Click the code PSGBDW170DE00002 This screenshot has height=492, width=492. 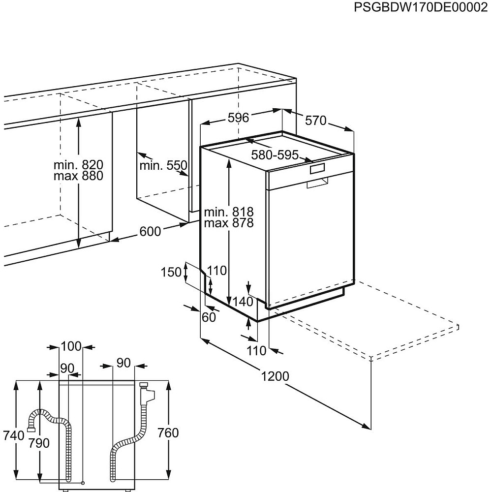coord(421,7)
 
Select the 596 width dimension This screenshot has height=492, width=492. coord(238,118)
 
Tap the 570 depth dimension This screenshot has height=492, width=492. coord(316,121)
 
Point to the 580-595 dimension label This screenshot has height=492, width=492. coord(275,154)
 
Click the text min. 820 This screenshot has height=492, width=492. coord(78,165)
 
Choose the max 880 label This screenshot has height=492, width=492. coord(78,176)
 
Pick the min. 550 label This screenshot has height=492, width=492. coord(163,165)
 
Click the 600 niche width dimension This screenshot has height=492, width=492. coord(150,232)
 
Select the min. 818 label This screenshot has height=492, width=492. coord(229,212)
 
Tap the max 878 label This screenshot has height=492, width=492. coord(229,223)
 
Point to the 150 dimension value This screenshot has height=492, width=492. coord(171,272)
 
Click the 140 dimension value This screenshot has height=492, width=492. coord(243,302)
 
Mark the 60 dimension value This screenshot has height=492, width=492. coord(209,317)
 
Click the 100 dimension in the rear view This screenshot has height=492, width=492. coord(71,346)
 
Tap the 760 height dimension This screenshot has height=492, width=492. coord(168,433)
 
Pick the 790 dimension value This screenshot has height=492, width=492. coord(39,443)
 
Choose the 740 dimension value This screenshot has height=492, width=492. coord(13,435)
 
